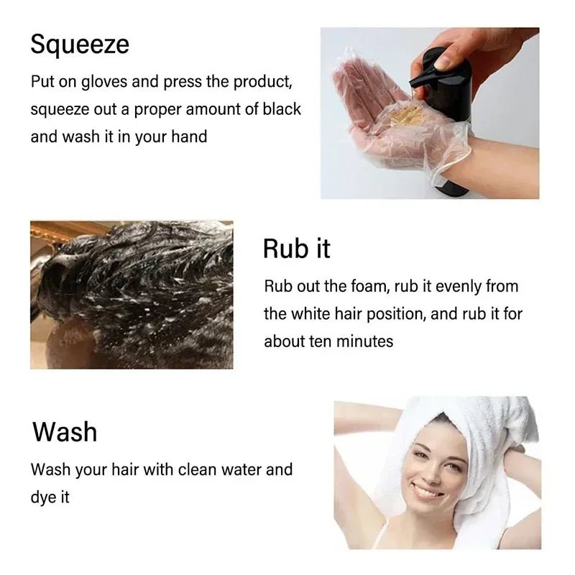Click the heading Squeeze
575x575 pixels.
point(80,45)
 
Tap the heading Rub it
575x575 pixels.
point(297,248)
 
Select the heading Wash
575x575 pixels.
point(65,432)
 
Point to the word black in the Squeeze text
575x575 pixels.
point(281,109)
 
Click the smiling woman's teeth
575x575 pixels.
point(428,493)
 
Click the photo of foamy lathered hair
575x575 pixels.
point(132,295)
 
